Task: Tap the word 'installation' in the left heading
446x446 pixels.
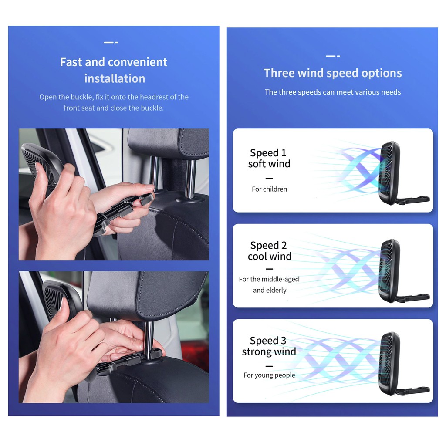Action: coord(115,78)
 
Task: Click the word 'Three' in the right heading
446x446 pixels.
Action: coord(279,73)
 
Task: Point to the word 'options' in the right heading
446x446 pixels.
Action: coord(382,73)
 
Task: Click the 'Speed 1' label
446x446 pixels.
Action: coord(268,153)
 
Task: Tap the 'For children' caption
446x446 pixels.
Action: coord(269,189)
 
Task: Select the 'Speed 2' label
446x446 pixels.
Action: coord(268,245)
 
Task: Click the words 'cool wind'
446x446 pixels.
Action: coord(269,256)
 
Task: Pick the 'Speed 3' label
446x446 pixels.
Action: coord(268,341)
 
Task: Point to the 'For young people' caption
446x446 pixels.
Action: coord(269,375)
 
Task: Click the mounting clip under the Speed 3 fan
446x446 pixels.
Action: coord(412,391)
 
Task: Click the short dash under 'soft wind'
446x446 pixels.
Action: coord(269,178)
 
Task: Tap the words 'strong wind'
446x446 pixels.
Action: coord(269,352)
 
